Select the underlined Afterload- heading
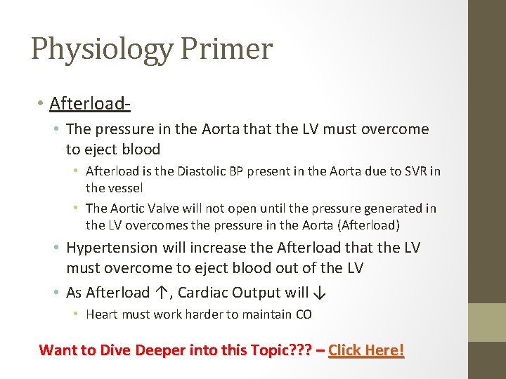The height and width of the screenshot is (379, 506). (x=90, y=104)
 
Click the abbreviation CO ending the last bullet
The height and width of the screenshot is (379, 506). (x=304, y=314)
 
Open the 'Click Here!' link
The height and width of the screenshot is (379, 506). (x=366, y=350)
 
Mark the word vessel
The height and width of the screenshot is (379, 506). (x=105, y=187)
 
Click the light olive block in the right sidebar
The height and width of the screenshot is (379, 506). (x=487, y=322)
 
